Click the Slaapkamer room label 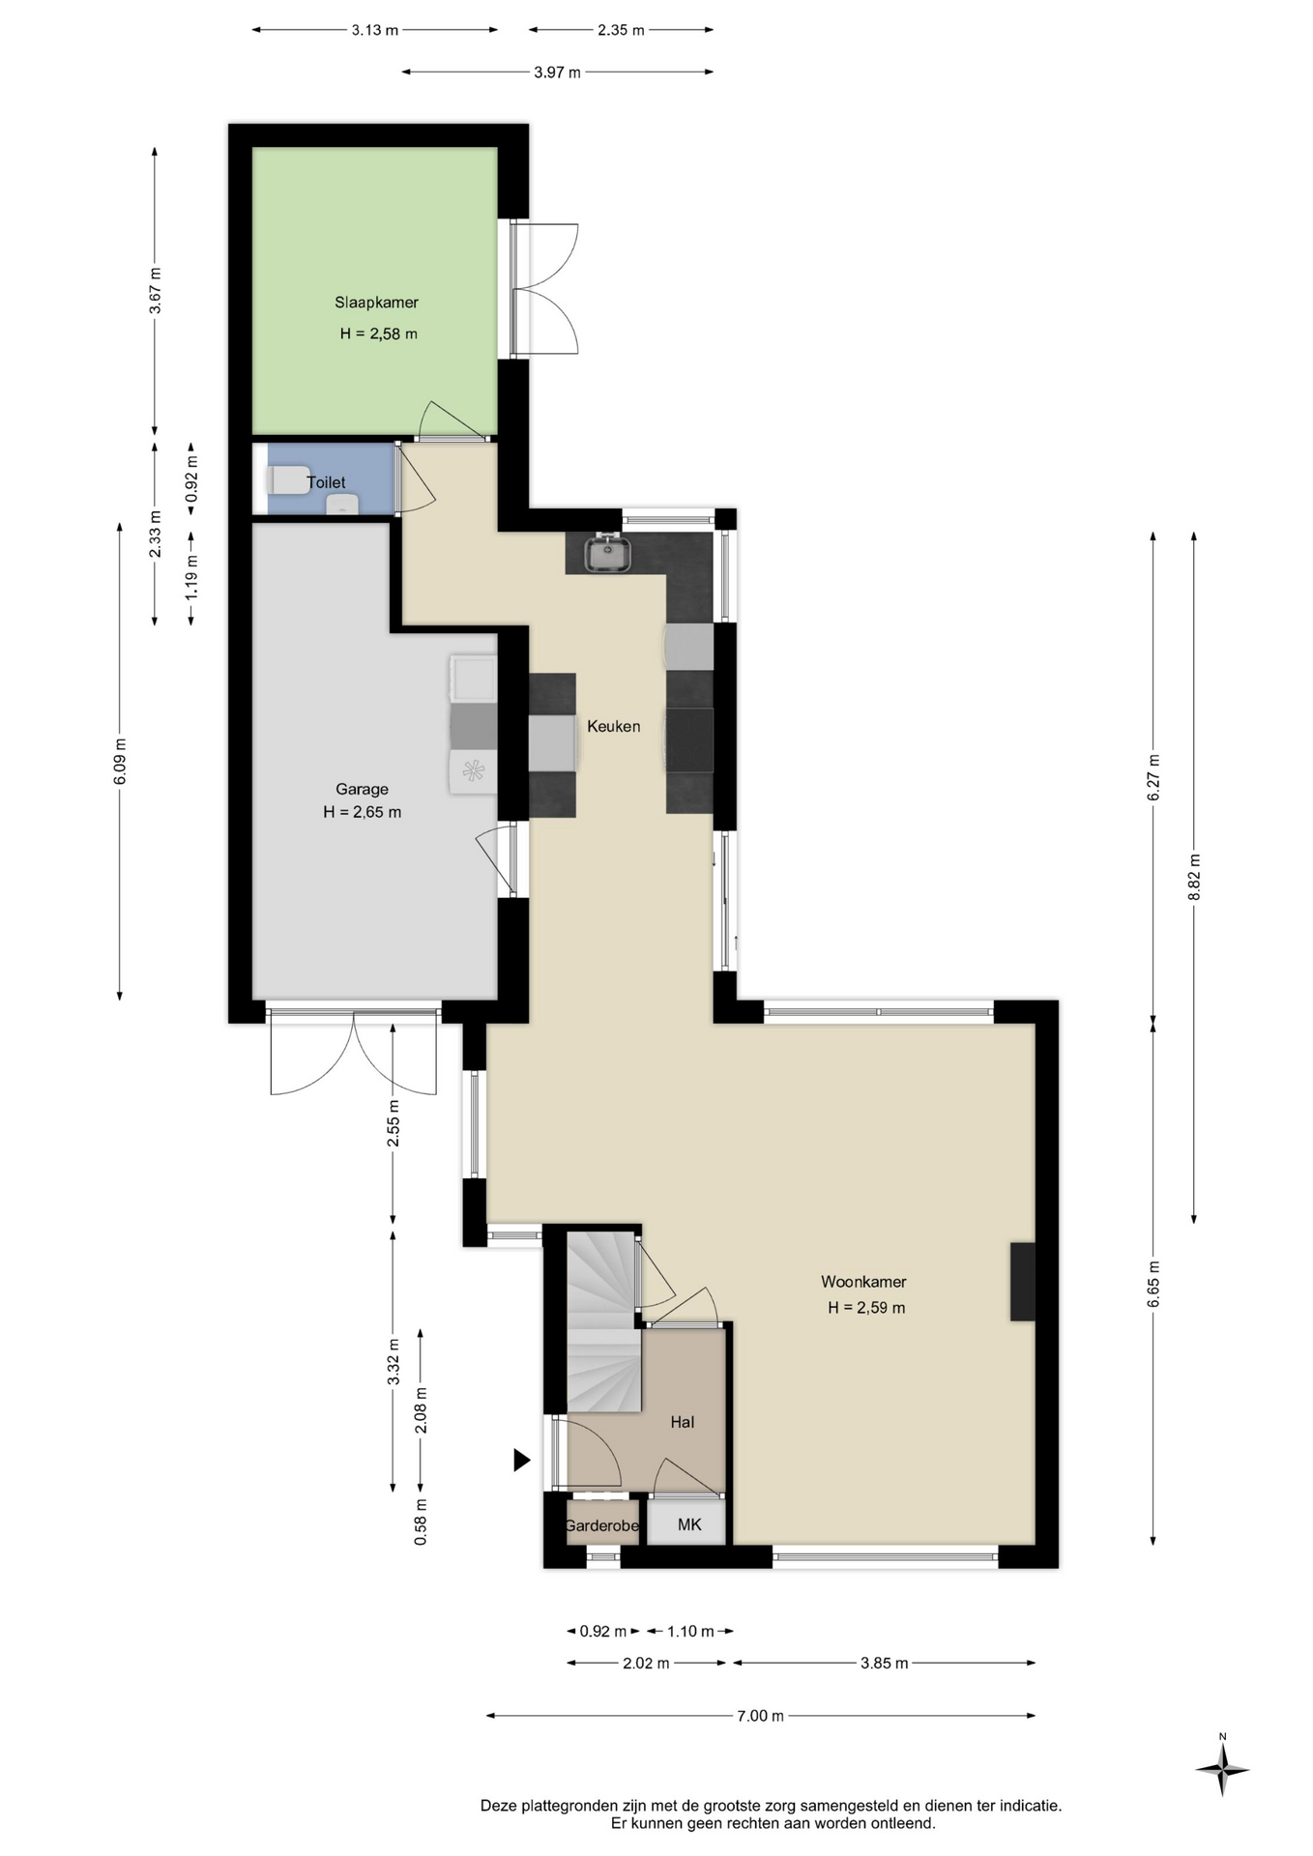click(x=376, y=303)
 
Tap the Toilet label click(x=326, y=482)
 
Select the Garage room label click(x=362, y=789)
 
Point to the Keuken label click(x=613, y=726)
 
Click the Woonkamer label click(x=863, y=1282)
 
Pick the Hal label click(x=683, y=1422)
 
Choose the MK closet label click(x=689, y=1524)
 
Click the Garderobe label click(x=601, y=1525)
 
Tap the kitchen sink click(x=608, y=553)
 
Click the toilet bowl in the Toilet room click(x=287, y=479)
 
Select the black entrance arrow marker click(x=521, y=1460)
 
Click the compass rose click(x=1222, y=1770)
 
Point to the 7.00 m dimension click(x=760, y=1716)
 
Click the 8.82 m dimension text click(x=1194, y=877)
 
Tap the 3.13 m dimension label click(x=375, y=30)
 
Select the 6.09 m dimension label click(x=120, y=762)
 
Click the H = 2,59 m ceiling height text click(x=866, y=1308)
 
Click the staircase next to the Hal click(x=603, y=1322)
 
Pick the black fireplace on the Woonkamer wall click(x=1023, y=1282)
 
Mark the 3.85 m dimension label click(x=884, y=1663)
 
